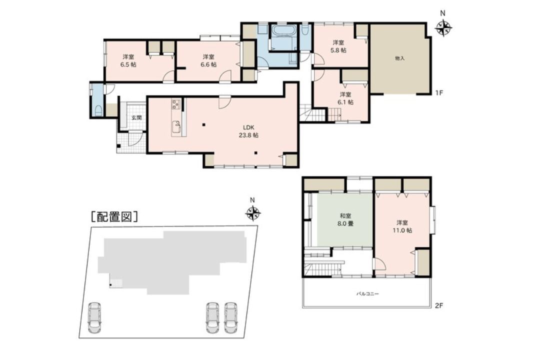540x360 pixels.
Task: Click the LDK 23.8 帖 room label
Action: tap(248, 131)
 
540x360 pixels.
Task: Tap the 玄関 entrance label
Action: tap(136, 118)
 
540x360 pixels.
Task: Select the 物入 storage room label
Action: tap(399, 58)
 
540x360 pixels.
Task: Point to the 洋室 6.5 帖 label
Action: tap(128, 60)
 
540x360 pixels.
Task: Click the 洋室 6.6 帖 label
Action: tap(208, 60)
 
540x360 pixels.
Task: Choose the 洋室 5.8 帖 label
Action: tap(338, 46)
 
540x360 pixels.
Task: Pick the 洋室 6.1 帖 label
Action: tap(345, 98)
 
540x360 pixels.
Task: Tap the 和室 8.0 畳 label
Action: tap(345, 220)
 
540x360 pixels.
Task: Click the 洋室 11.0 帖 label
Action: tap(402, 226)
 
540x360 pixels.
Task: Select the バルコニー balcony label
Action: tap(367, 294)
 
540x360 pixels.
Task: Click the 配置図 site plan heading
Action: tap(114, 216)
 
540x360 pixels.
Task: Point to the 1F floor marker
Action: tap(438, 92)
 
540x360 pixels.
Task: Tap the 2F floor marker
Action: tap(438, 305)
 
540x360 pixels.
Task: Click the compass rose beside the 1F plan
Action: tap(443, 28)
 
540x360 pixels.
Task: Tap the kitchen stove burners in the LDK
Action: tap(176, 104)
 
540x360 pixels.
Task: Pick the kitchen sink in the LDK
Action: tap(176, 128)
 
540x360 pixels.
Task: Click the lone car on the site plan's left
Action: tap(94, 317)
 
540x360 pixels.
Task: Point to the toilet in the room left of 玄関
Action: tap(98, 110)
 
